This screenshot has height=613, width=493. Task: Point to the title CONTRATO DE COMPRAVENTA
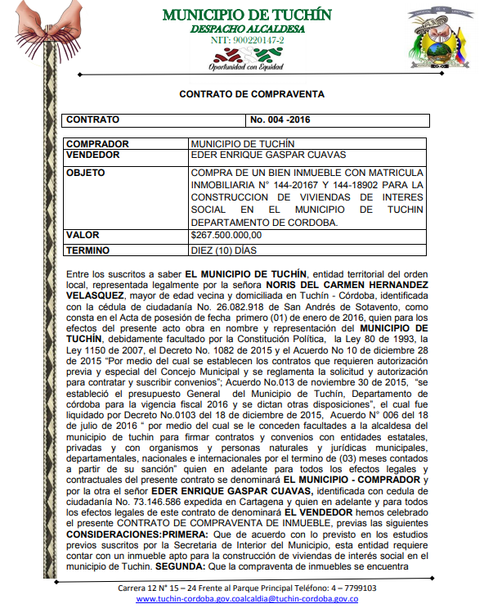(x=252, y=94)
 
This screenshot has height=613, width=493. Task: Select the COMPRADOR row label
(x=94, y=143)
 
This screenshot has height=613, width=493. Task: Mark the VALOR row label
(x=83, y=236)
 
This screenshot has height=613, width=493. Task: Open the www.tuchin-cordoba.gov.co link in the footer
(x=190, y=599)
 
